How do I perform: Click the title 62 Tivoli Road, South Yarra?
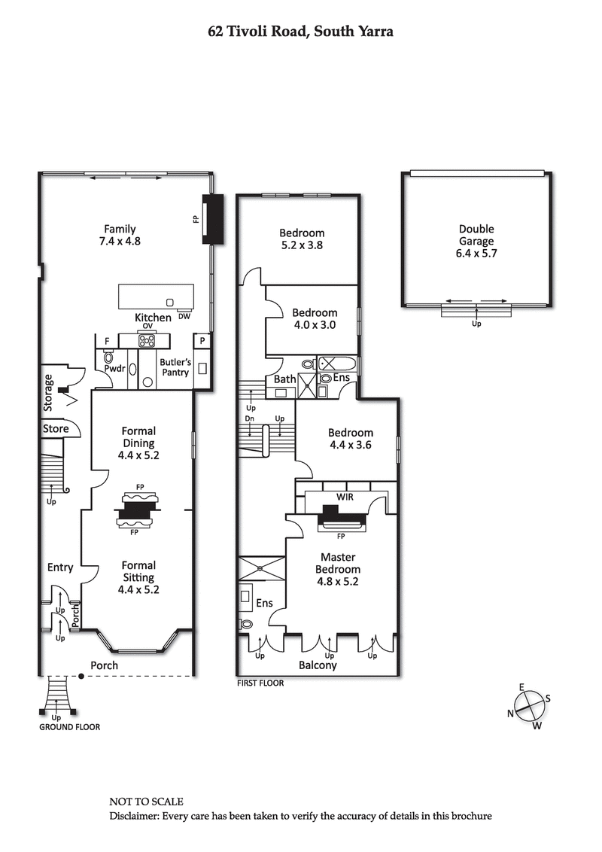(x=301, y=32)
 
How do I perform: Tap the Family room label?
(x=120, y=236)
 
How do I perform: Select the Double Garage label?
(x=476, y=241)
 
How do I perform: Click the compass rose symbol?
(x=531, y=707)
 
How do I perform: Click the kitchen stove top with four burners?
(x=146, y=342)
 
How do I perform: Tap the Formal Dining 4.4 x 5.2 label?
(x=139, y=443)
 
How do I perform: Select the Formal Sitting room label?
(x=138, y=577)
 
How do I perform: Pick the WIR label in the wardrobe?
(x=342, y=498)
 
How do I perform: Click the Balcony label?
(x=318, y=665)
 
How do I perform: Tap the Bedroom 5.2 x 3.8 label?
(x=301, y=239)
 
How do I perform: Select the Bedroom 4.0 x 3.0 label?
(x=315, y=318)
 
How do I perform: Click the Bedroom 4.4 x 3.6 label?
(x=350, y=438)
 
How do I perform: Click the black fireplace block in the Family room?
(x=214, y=220)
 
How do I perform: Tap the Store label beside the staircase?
(x=56, y=429)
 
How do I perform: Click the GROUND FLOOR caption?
(x=69, y=727)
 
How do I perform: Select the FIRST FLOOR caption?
(x=260, y=683)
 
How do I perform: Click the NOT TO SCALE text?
(x=146, y=802)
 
